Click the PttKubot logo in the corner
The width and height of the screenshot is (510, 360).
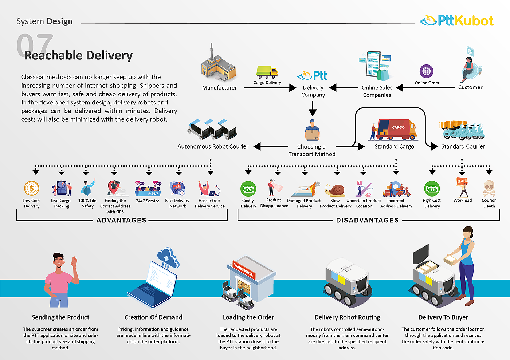pyautogui.click(x=457, y=20)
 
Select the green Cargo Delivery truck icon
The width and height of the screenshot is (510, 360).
pyautogui.click(x=267, y=72)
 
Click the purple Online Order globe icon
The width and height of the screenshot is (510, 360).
pyautogui.click(x=426, y=71)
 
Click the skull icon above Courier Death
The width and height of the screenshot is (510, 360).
pyautogui.click(x=489, y=188)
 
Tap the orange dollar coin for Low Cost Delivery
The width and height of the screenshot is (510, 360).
pyautogui.click(x=32, y=189)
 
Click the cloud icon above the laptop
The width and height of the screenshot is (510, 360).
pyautogui.click(x=168, y=257)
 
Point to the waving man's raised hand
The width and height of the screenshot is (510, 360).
pyautogui.click(x=75, y=262)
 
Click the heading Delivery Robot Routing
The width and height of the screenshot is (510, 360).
pyautogui.click(x=347, y=317)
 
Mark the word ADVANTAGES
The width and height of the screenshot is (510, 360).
pyautogui.click(x=121, y=220)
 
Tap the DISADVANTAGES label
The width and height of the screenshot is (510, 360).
pyautogui.click(x=367, y=220)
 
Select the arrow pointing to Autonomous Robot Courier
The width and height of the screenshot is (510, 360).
pyautogui.click(x=270, y=146)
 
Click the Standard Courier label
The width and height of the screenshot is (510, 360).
pyautogui.click(x=463, y=146)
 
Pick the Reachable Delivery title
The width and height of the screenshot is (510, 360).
pyautogui.click(x=78, y=55)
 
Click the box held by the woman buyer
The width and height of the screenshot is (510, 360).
pyautogui.click(x=451, y=259)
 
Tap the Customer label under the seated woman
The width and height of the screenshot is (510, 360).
pyautogui.click(x=470, y=87)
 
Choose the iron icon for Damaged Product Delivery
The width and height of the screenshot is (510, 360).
pyautogui.click(x=303, y=190)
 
